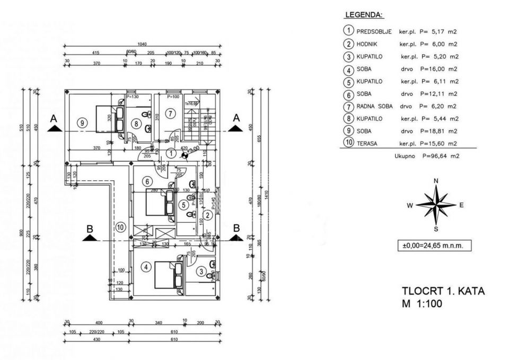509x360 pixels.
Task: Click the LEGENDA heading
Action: (364, 15)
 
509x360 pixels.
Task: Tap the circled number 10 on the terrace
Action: (121, 227)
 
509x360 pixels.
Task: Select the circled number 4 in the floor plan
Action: (146, 267)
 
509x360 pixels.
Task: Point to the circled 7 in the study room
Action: (169, 113)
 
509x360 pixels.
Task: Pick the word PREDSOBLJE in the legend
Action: (374, 31)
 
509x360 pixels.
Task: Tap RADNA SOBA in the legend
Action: (375, 106)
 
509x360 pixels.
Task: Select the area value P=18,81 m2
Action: (439, 131)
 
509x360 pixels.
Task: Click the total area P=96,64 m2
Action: (440, 156)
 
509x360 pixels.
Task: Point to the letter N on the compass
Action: (436, 181)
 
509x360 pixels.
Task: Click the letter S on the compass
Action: (436, 229)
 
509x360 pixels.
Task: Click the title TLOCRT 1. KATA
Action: (443, 291)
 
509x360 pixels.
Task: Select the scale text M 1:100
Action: (422, 304)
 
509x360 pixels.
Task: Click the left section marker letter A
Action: (53, 119)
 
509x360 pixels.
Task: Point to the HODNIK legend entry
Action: (368, 44)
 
